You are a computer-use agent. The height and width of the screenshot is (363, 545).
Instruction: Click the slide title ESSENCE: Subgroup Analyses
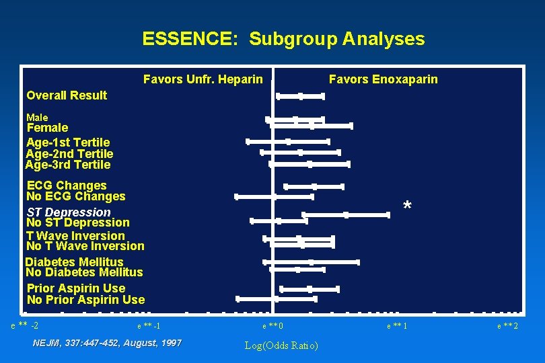283,39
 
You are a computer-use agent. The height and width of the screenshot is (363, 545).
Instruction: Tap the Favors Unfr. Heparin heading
203,79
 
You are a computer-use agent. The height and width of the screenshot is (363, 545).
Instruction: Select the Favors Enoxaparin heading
383,79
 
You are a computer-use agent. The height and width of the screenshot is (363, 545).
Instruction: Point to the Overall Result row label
67,95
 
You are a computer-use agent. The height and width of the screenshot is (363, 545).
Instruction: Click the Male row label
37,117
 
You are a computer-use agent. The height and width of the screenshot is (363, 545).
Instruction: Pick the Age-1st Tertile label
68,143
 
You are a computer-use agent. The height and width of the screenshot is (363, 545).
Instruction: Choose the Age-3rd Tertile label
68,165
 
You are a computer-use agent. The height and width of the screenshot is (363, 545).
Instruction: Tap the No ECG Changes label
75,196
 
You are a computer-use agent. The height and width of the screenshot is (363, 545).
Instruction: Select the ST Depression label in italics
68,212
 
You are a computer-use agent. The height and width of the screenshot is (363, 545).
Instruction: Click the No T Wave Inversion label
85,246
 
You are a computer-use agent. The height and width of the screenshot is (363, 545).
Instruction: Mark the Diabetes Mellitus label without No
75,261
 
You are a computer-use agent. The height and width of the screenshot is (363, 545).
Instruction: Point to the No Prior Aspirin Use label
85,300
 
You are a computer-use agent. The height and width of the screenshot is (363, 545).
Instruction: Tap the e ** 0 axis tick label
273,326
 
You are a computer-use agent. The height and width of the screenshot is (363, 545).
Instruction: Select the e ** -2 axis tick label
24,326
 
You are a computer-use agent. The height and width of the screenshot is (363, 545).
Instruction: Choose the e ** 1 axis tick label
396,326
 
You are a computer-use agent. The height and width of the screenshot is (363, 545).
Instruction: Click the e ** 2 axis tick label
507,326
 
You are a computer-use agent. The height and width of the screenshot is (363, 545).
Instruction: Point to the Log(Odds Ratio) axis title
281,346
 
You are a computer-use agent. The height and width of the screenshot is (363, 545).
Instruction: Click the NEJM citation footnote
107,343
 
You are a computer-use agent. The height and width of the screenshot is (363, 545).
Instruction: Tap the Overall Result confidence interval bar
301,97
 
